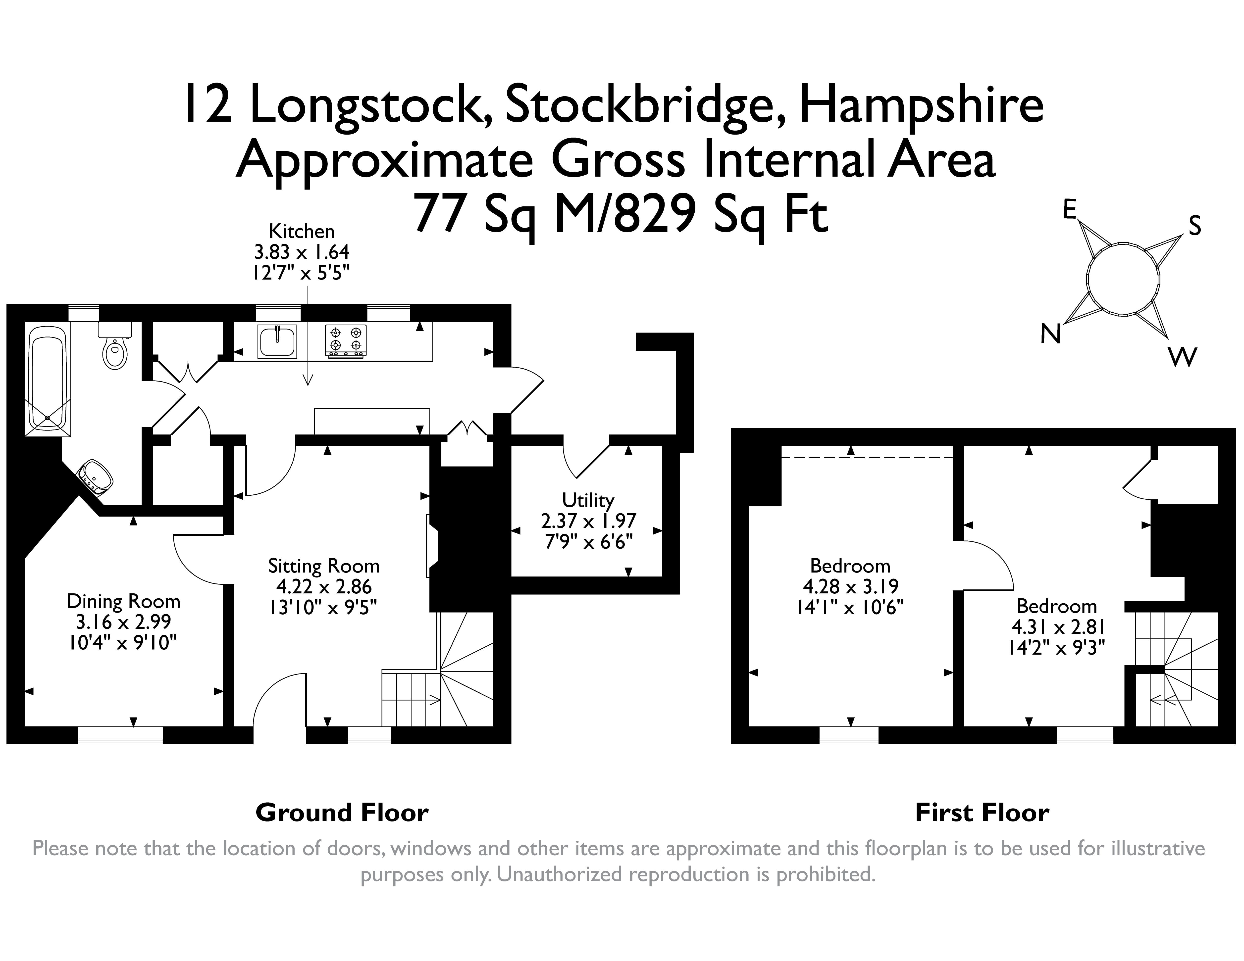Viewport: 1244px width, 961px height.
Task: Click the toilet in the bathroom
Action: point(115,347)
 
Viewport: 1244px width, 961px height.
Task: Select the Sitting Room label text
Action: point(323,566)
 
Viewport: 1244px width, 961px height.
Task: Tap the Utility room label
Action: point(588,500)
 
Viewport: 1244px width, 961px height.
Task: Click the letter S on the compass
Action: point(1194,227)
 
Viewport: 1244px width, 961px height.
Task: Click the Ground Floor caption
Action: point(342,813)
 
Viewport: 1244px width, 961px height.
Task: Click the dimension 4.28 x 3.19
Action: point(850,586)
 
